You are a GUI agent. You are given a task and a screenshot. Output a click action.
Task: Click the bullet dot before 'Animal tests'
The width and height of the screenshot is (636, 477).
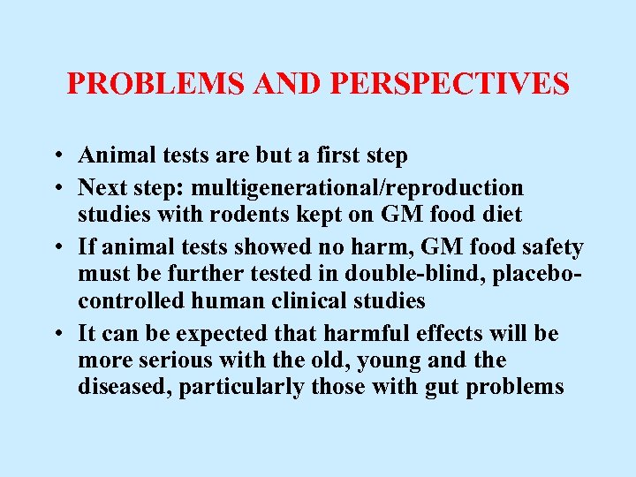pyautogui.click(x=56, y=156)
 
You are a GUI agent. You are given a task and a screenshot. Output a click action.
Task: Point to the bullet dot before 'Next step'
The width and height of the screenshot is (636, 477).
pyautogui.click(x=56, y=188)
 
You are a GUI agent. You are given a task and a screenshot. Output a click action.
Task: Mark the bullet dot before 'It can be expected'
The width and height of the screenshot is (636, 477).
pyautogui.click(x=56, y=335)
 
